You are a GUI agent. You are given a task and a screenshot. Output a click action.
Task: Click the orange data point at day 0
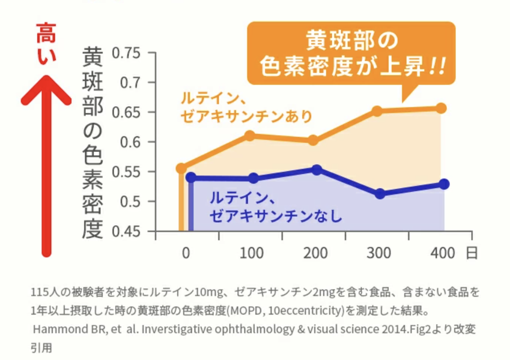click(181, 168)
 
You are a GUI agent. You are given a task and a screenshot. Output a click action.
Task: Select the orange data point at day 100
click(250, 136)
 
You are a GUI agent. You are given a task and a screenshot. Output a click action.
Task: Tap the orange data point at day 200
click(313, 140)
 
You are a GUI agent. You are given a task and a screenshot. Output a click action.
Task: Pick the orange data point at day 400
click(441, 109)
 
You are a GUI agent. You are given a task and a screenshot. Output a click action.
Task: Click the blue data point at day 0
click(191, 177)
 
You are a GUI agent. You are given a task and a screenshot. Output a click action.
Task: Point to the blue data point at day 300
click(380, 193)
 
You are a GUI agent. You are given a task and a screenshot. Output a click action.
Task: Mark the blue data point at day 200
click(316, 170)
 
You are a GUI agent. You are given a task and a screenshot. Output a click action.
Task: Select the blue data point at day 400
click(444, 184)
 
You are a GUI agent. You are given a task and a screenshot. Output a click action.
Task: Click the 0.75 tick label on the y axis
click(126, 53)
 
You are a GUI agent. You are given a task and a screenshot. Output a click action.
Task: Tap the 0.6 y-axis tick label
click(130, 142)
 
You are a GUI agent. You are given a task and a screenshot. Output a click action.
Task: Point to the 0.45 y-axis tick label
click(126, 232)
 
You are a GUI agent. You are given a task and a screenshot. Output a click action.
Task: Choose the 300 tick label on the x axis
click(379, 253)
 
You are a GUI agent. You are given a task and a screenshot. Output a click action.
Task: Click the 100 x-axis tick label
click(252, 253)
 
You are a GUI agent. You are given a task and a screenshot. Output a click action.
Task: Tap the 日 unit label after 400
click(472, 253)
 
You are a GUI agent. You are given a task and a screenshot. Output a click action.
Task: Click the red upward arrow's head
click(46, 89)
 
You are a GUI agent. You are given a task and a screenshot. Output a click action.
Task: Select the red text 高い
click(46, 43)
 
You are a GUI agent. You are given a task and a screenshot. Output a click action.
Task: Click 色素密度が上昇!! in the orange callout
click(352, 67)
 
